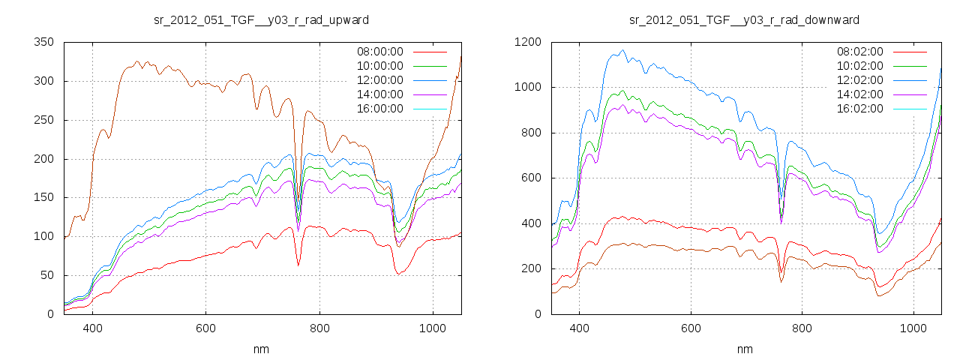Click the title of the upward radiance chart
[261, 19]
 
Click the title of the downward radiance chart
[744, 19]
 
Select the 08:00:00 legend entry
[379, 52]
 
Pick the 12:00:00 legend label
[379, 80]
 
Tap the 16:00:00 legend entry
[379, 109]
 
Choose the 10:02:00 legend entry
[859, 66]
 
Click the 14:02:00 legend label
[859, 94]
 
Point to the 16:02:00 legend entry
[859, 109]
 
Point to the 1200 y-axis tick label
[526, 43]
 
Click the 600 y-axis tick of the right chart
[529, 178]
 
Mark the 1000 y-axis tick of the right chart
[526, 88]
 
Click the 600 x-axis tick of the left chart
[205, 328]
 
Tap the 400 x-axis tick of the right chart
[579, 328]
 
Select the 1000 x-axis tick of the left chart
[432, 328]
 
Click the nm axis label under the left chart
[261, 349]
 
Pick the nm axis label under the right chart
[744, 349]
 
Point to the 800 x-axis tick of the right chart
[802, 328]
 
